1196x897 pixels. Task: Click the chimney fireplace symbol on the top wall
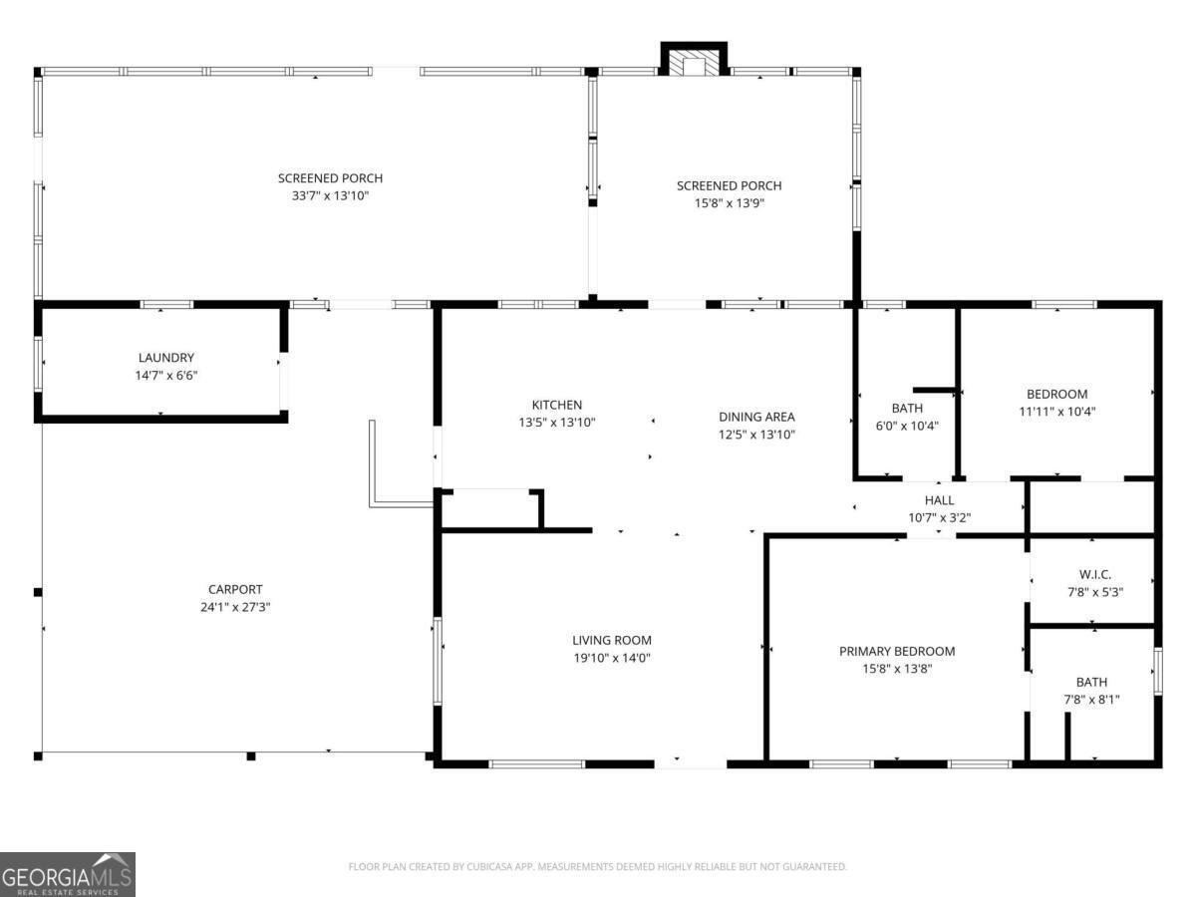point(694,58)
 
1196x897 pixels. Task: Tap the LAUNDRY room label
point(166,358)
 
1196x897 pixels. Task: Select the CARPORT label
point(235,589)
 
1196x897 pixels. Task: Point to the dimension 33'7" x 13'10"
point(330,196)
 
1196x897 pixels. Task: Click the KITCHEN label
point(557,405)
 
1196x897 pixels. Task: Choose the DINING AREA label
point(756,417)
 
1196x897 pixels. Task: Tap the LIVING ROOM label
point(612,640)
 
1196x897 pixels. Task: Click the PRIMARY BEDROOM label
point(897,651)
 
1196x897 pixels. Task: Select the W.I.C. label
point(1095,574)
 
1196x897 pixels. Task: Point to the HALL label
point(940,500)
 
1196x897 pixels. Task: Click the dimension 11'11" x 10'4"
point(1057,412)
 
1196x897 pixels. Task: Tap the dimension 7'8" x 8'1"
point(1092,700)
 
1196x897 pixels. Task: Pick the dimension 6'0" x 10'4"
point(907,426)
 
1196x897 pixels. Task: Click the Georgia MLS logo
point(68,874)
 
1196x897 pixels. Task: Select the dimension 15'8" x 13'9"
point(729,203)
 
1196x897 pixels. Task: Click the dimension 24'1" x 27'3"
point(235,607)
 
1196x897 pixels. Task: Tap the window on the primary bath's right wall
point(1158,671)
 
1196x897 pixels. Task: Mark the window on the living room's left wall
point(437,661)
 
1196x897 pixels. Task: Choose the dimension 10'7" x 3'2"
point(940,518)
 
